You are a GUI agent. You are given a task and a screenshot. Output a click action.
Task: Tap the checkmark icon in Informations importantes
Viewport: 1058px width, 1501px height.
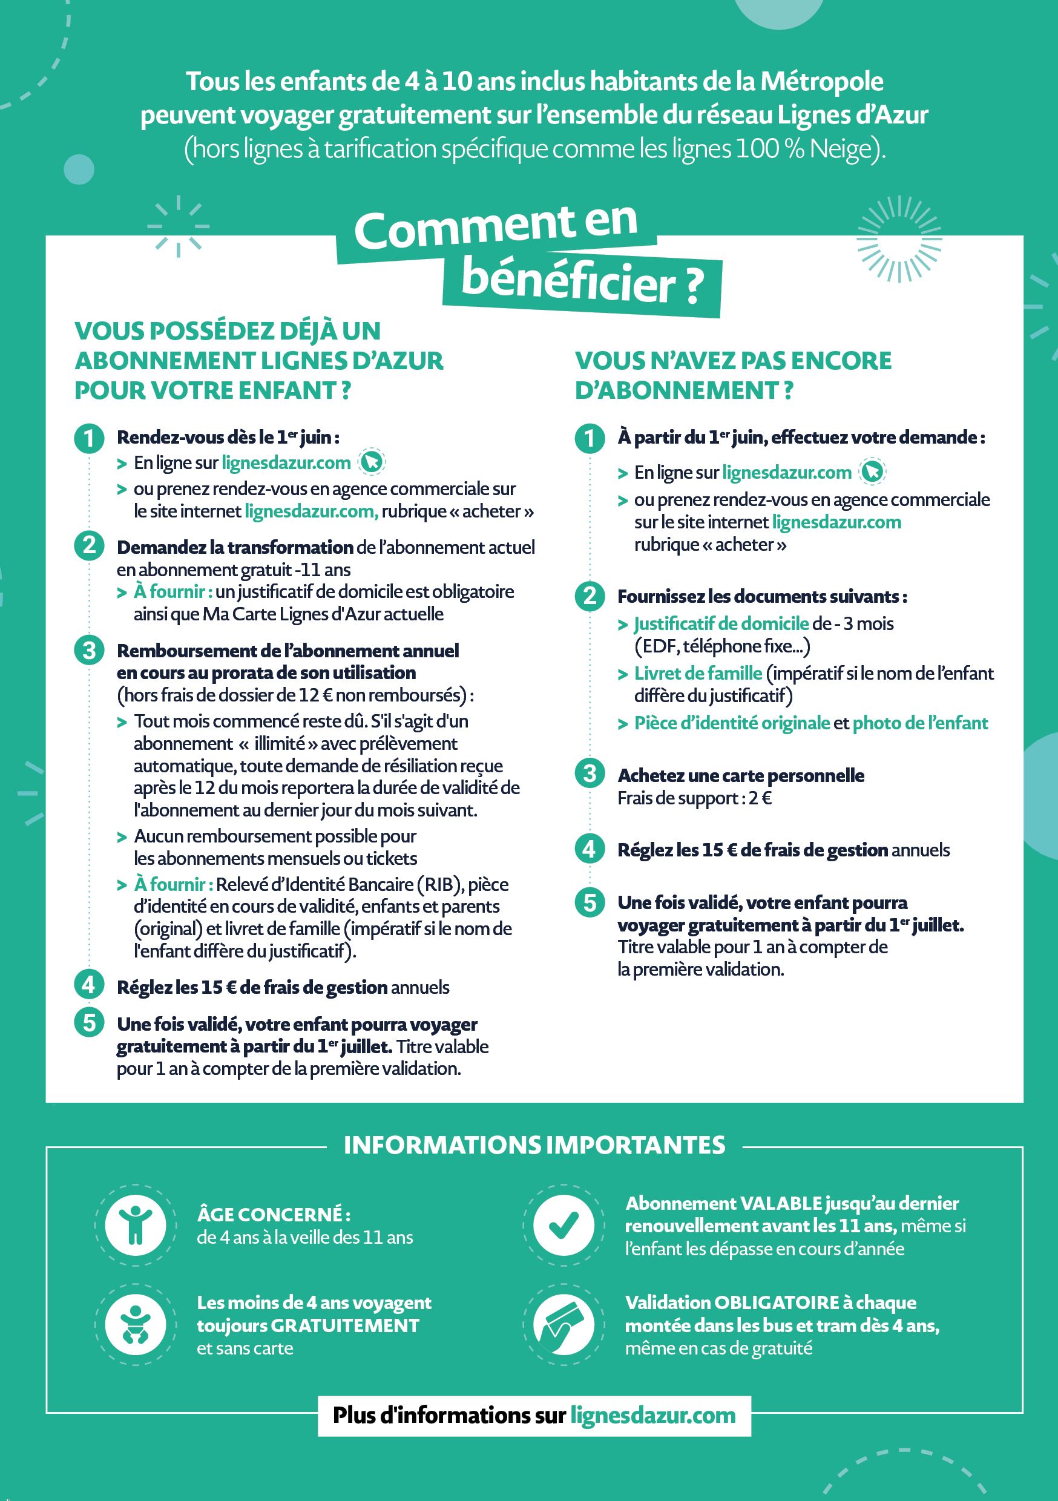[x=563, y=1225]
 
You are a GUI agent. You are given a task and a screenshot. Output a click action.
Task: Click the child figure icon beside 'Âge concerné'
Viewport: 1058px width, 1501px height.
[x=136, y=1225]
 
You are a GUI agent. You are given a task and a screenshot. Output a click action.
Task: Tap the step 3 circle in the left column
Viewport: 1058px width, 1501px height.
[x=90, y=651]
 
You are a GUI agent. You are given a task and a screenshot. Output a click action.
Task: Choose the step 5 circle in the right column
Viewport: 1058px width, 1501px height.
[x=590, y=903]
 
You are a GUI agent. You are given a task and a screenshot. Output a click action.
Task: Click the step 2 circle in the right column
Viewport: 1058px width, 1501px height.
[x=590, y=596]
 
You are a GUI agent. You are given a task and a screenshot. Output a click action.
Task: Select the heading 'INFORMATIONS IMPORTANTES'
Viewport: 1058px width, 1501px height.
[x=534, y=1145]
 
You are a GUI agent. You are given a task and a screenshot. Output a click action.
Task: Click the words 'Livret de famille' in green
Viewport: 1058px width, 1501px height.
[x=698, y=674]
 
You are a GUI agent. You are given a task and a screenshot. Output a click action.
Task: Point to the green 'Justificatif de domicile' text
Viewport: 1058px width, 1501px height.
[x=721, y=623]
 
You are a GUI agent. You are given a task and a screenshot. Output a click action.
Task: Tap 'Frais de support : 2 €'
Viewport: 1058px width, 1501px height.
[x=694, y=798]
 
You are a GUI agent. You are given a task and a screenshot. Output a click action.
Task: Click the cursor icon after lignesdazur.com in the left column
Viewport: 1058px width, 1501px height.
[x=372, y=462]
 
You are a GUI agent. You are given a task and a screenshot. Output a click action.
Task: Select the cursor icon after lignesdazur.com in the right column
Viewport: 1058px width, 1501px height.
[x=872, y=471]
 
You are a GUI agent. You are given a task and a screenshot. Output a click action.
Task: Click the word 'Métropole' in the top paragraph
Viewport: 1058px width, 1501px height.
[x=821, y=82]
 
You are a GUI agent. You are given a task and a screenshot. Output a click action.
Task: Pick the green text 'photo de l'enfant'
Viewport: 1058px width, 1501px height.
[x=920, y=723]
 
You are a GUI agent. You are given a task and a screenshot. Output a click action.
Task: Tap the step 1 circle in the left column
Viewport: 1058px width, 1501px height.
[x=90, y=438]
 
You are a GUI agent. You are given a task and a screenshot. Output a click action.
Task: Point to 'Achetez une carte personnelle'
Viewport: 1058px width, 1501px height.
[x=741, y=775]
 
